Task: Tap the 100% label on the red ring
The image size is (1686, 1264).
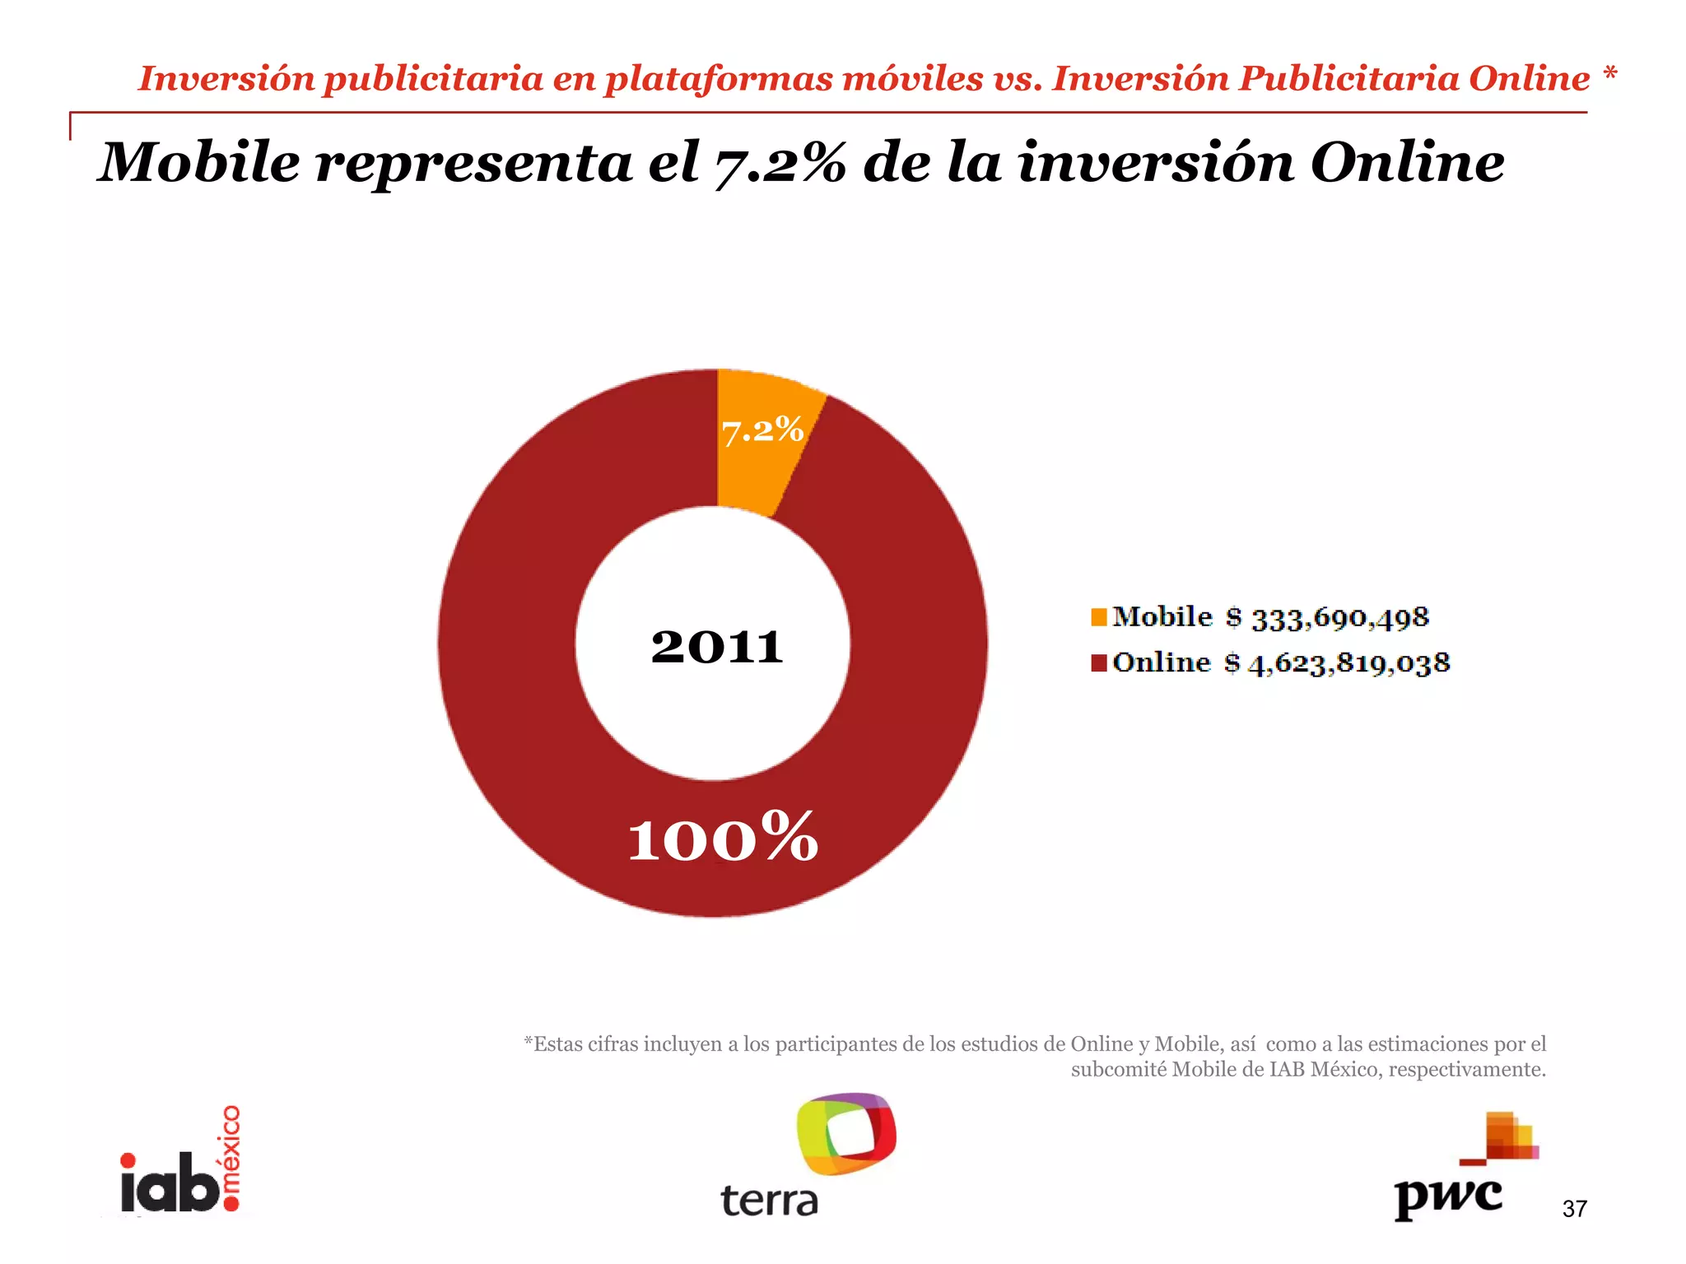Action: (x=723, y=838)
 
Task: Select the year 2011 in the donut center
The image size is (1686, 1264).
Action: (x=716, y=647)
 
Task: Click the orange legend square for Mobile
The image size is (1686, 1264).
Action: (x=1099, y=617)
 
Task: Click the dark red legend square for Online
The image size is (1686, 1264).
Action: (x=1099, y=663)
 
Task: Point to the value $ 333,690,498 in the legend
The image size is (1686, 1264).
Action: (x=1328, y=618)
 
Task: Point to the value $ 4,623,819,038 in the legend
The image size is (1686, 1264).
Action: (x=1337, y=663)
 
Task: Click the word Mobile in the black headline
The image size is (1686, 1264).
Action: (x=200, y=162)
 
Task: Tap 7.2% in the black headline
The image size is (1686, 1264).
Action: (x=780, y=164)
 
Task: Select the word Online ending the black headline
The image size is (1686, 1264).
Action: (x=1407, y=162)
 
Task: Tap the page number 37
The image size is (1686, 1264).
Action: (x=1574, y=1209)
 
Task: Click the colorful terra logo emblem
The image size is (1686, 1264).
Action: (x=846, y=1133)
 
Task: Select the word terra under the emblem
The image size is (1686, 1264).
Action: (x=770, y=1201)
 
